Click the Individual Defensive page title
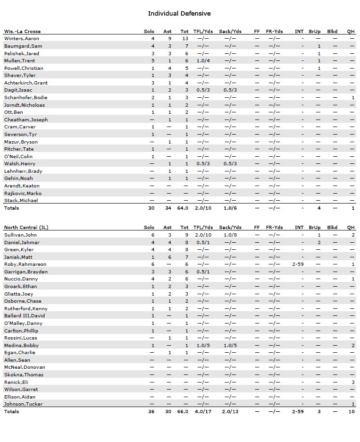pos(179,14)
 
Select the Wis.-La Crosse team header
pos(22,32)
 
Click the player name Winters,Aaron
pos(22,39)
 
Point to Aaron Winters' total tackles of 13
pos(185,39)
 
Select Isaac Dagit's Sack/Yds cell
pos(230,90)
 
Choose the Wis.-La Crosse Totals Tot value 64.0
pos(183,208)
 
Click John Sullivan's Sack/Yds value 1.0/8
pos(230,235)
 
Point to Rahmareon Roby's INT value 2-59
pos(298,264)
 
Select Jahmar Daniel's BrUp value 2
pos(319,242)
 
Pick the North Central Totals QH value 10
pos(352,412)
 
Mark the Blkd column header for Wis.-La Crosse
pos(332,32)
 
